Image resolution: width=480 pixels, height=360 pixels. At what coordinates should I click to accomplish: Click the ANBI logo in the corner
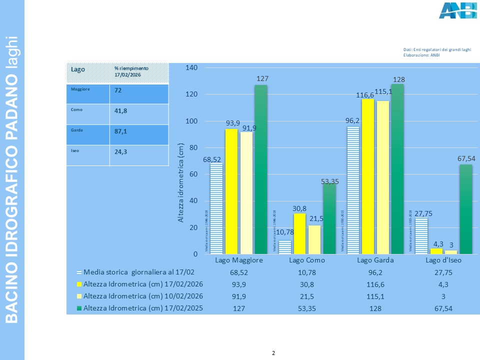point(457,10)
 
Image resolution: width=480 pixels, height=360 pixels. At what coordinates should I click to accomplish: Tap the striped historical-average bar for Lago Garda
point(353,190)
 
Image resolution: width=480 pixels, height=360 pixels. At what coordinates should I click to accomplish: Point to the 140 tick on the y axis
point(192,67)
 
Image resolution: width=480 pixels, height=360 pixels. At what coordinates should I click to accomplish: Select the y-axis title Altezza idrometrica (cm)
point(182,182)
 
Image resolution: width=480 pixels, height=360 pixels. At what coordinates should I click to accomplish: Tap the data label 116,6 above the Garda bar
point(368,94)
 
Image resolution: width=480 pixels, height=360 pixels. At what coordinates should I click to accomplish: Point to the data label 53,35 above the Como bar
point(330,182)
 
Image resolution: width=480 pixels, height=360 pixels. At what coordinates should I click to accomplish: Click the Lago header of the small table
point(78,69)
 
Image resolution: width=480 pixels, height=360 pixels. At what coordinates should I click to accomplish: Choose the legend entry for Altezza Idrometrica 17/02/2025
point(143,308)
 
